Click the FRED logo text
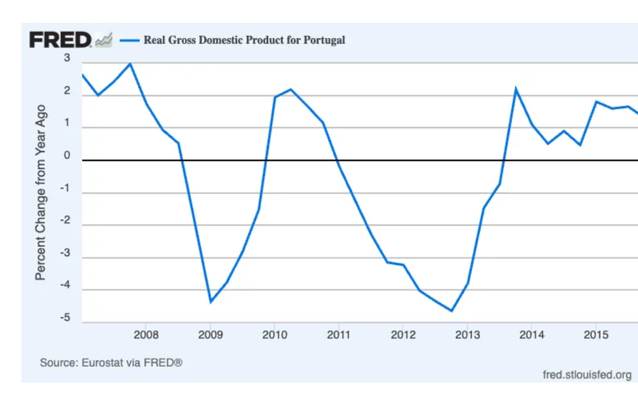61,40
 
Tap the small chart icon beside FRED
104,40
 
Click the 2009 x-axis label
210,335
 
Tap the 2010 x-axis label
274,335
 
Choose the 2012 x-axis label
402,335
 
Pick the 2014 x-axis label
531,335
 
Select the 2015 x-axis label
596,335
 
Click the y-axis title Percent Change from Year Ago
41,192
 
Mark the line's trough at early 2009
210,302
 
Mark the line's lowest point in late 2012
451,311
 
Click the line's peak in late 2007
130,64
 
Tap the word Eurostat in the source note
104,362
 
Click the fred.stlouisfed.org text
587,375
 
